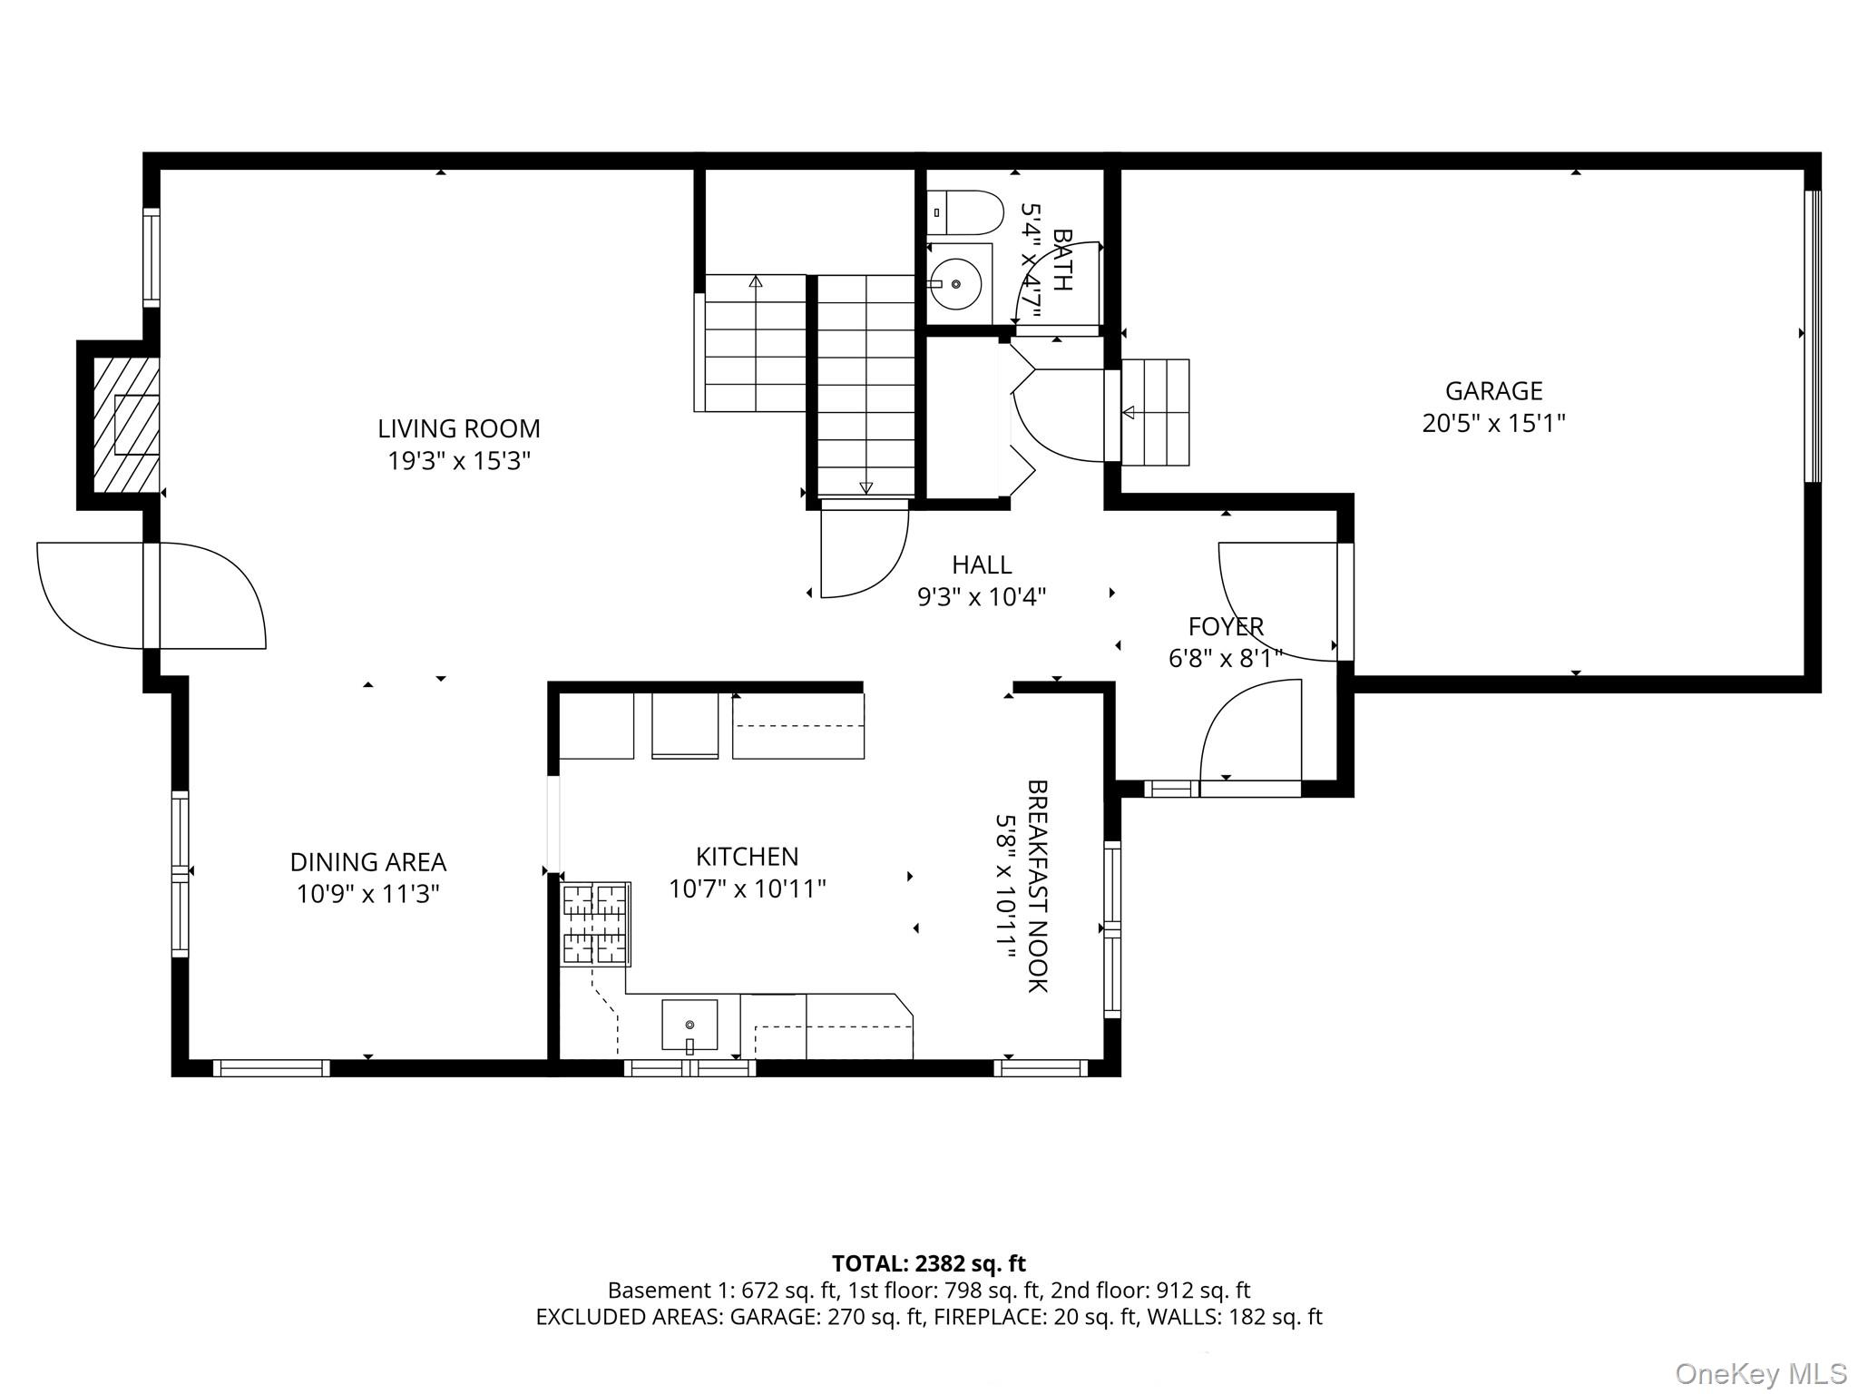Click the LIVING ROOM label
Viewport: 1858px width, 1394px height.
click(x=458, y=428)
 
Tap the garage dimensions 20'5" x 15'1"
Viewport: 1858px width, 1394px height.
click(x=1493, y=424)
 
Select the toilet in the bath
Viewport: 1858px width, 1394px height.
click(x=965, y=213)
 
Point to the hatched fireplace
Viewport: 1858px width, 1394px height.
click(x=126, y=425)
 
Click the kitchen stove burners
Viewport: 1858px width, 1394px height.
click(x=595, y=923)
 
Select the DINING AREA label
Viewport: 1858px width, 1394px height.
click(x=367, y=861)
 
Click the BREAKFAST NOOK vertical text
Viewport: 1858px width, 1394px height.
click(x=1037, y=886)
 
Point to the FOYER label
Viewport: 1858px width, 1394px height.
click(x=1226, y=626)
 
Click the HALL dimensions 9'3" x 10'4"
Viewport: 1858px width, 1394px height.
click(x=982, y=597)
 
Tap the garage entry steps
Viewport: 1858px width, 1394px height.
click(x=1155, y=413)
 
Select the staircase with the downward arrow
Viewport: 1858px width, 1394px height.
click(x=865, y=386)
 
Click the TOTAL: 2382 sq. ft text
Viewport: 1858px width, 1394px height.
click(x=928, y=1263)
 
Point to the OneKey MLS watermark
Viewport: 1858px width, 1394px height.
click(x=1760, y=1373)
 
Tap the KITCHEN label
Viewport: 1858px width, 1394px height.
click(x=747, y=856)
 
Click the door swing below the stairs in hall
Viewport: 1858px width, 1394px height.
click(x=863, y=554)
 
